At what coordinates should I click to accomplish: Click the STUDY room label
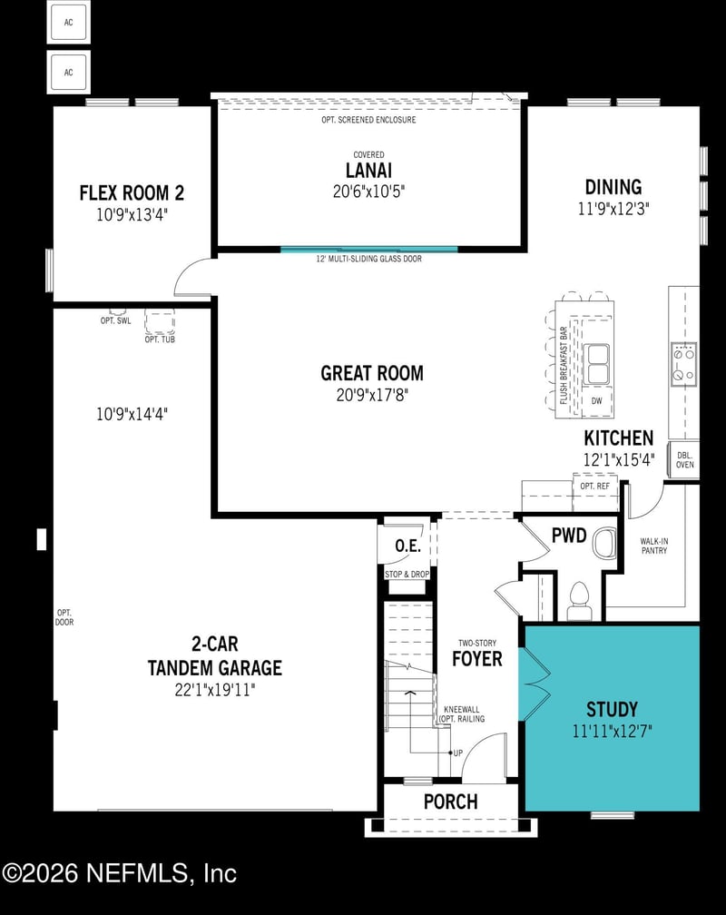[612, 709]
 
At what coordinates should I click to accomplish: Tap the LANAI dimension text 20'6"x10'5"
[368, 192]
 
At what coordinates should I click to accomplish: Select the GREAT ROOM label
[371, 373]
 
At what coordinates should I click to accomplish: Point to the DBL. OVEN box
[684, 459]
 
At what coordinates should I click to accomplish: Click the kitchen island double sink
[597, 364]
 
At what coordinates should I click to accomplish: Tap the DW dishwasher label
[596, 400]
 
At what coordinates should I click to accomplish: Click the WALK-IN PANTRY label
[653, 545]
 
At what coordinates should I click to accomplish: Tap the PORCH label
[450, 802]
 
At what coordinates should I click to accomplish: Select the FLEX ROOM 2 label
[132, 192]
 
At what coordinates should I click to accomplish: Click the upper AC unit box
[68, 23]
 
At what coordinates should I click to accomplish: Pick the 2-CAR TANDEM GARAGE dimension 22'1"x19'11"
[215, 689]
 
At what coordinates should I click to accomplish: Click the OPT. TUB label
[159, 339]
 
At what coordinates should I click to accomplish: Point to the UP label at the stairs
[457, 753]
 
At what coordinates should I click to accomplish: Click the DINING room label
[613, 187]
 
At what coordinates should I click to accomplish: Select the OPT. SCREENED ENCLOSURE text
[368, 120]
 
